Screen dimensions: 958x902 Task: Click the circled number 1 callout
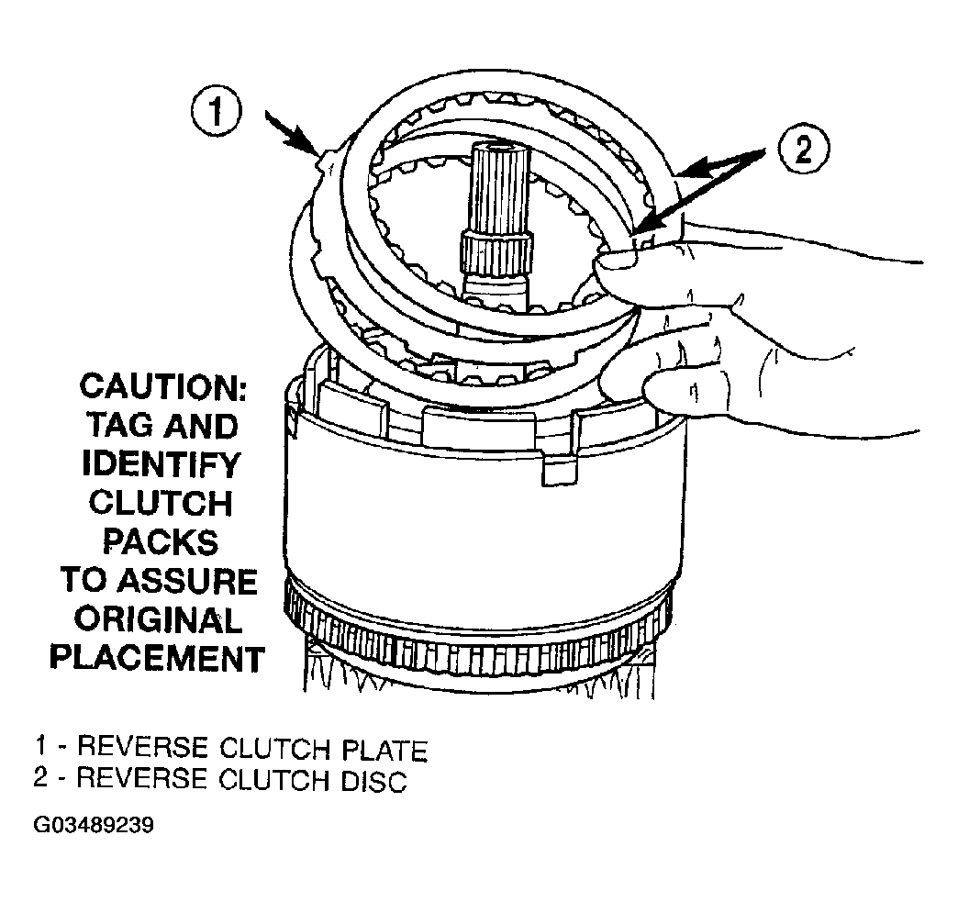click(x=217, y=113)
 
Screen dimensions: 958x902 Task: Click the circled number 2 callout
click(x=804, y=150)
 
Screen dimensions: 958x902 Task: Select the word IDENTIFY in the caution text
click(x=162, y=464)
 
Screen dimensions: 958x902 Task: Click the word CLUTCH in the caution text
click(x=161, y=504)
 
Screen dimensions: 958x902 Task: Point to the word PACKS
click(x=160, y=542)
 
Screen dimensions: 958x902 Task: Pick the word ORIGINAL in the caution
click(x=158, y=620)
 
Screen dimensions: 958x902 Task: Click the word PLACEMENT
click(x=158, y=659)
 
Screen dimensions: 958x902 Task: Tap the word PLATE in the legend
click(x=384, y=751)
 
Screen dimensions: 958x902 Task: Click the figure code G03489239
click(x=94, y=826)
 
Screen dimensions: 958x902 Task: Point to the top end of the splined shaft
click(x=500, y=147)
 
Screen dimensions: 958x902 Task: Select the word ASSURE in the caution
click(x=187, y=581)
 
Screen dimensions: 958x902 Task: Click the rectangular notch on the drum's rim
click(x=560, y=471)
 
